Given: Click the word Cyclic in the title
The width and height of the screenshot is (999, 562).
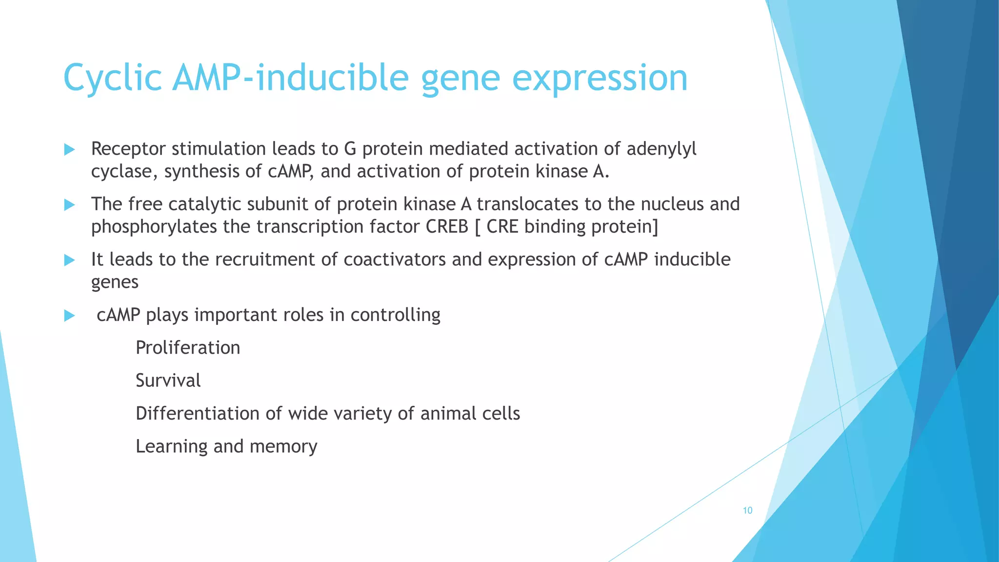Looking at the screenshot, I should tap(112, 78).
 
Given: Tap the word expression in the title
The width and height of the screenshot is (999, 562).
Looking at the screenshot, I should tap(599, 78).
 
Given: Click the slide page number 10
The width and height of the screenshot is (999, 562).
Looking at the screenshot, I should tap(747, 510).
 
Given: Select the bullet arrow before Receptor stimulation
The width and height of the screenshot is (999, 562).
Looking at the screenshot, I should tap(69, 149).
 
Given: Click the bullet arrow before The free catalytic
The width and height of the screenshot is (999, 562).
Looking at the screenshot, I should tap(69, 205).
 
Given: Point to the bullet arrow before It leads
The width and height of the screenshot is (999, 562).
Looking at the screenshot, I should tap(69, 260).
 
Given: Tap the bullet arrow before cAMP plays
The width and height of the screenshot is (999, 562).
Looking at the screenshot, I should tap(69, 316).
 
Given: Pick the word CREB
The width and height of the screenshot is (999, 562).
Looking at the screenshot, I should tap(447, 227).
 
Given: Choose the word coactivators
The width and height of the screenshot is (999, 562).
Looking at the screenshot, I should tap(395, 260).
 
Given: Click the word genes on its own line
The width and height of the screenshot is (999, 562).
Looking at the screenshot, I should tap(115, 282).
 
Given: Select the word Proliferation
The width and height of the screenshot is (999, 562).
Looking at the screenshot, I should tap(188, 348).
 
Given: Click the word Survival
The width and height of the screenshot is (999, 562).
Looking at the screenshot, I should tap(168, 381).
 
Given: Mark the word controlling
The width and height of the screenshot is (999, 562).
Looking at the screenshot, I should tap(395, 315).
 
